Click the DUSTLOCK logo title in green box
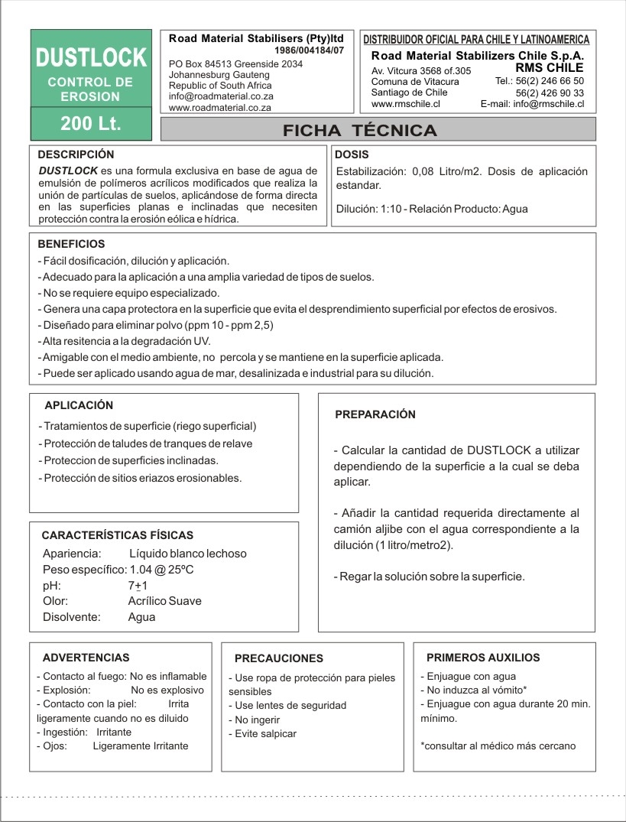pyautogui.click(x=92, y=57)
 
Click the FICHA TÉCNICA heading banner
pyautogui.click(x=360, y=130)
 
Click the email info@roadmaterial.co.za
pyautogui.click(x=221, y=97)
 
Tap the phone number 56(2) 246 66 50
pyautogui.click(x=540, y=80)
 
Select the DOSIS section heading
pyautogui.click(x=352, y=154)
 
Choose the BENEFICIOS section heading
pyautogui.click(x=71, y=245)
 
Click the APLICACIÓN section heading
pyautogui.click(x=79, y=403)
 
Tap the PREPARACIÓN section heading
pyautogui.click(x=375, y=414)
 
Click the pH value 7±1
pyautogui.click(x=138, y=585)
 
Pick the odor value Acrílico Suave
pyautogui.click(x=164, y=601)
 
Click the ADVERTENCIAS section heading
pyautogui.click(x=86, y=657)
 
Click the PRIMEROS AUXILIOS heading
pyautogui.click(x=483, y=657)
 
